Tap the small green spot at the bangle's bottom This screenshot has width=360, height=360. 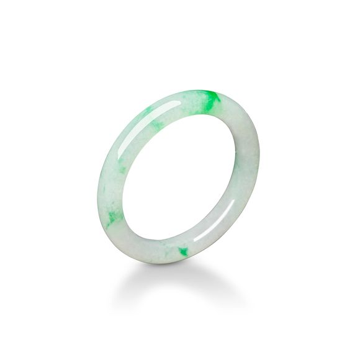pos(183,251)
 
